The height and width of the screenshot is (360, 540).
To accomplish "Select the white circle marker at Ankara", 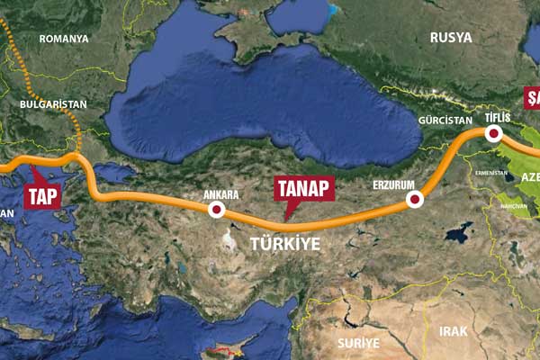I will (216, 210).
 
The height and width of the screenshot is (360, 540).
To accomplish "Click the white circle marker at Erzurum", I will (414, 200).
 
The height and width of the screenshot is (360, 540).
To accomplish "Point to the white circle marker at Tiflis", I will (493, 134).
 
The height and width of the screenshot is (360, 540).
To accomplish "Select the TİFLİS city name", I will (497, 118).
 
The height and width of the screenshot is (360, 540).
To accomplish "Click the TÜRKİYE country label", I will (284, 243).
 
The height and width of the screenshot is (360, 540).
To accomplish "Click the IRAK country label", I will (453, 331).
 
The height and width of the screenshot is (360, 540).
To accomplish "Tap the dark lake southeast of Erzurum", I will (457, 233).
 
